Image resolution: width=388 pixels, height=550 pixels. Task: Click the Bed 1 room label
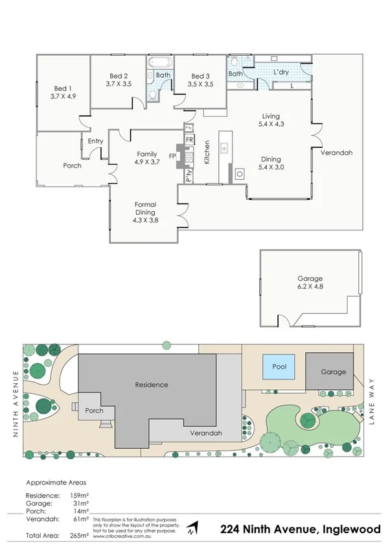point(63,88)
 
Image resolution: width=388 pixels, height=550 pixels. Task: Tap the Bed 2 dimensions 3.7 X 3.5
point(118,84)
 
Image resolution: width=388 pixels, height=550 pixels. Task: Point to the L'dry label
point(280,72)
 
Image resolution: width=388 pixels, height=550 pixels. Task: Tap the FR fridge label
point(189,140)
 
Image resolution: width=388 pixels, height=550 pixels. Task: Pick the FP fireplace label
point(172,156)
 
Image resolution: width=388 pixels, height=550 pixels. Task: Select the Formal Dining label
point(146,208)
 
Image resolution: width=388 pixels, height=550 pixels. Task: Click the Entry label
point(95,141)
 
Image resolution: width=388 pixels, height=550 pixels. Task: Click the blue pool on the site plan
point(278,368)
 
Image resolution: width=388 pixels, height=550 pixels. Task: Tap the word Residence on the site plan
point(151,385)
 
